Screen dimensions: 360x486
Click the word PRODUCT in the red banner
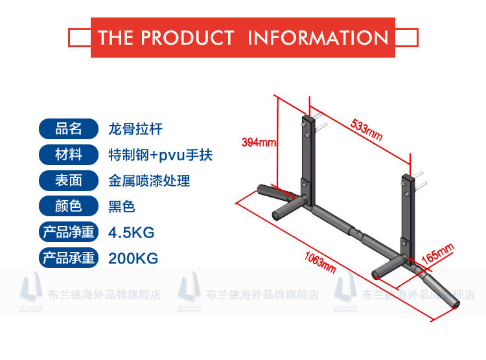click(x=187, y=37)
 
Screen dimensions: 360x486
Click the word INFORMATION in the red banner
click(x=318, y=37)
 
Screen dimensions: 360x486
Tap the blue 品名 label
click(x=69, y=129)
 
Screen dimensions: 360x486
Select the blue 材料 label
click(x=69, y=155)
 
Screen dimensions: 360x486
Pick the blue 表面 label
click(x=69, y=180)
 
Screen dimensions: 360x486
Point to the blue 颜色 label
click(x=69, y=206)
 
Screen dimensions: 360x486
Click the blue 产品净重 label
click(x=69, y=232)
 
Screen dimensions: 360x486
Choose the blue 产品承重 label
click(x=69, y=258)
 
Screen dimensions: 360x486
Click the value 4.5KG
click(x=132, y=232)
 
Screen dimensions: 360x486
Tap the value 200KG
click(x=133, y=258)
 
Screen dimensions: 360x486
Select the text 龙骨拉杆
click(x=135, y=129)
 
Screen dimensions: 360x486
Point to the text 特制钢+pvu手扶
click(x=160, y=155)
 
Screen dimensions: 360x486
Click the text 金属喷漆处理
click(x=149, y=181)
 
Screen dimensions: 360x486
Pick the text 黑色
click(x=122, y=207)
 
